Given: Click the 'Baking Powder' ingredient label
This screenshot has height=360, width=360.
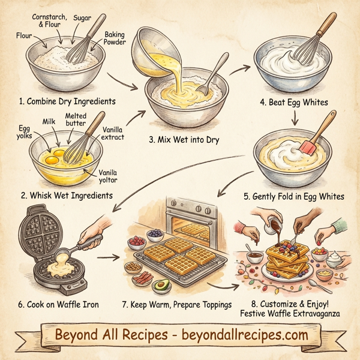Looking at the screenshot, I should (x=114, y=39).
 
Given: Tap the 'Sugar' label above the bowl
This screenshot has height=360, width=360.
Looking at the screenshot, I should (x=83, y=19).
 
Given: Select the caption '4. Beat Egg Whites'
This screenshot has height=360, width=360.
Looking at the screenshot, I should (x=294, y=102).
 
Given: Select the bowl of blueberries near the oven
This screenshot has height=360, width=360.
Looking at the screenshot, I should (x=156, y=233).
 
